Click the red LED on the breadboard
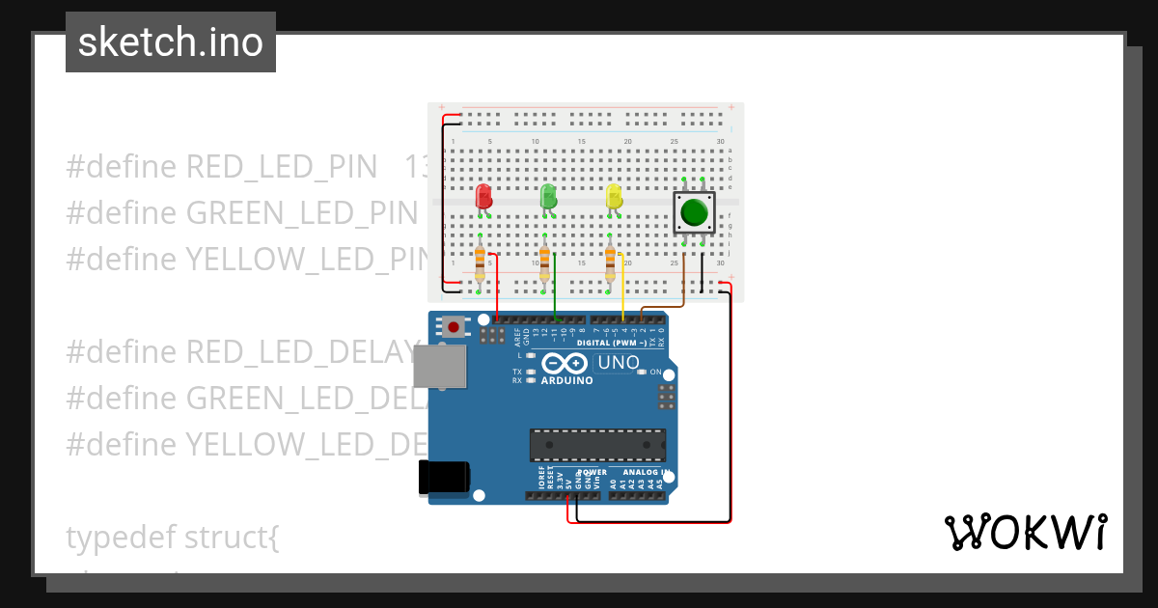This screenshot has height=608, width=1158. pos(483,197)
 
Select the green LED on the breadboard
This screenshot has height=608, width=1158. pos(548,197)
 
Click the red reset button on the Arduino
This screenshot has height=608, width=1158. pos(454,327)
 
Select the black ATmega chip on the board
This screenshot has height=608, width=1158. pos(597,445)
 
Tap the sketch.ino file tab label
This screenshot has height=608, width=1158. pos(171,42)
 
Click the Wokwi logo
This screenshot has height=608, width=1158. pos(1025,533)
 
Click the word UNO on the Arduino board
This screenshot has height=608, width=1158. pos(618,363)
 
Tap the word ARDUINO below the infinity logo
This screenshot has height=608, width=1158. pos(566,380)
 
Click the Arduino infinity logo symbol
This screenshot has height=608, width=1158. pos(565,363)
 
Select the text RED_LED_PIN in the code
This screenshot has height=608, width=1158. pos(281,167)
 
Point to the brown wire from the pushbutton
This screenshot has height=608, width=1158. pos(683,280)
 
